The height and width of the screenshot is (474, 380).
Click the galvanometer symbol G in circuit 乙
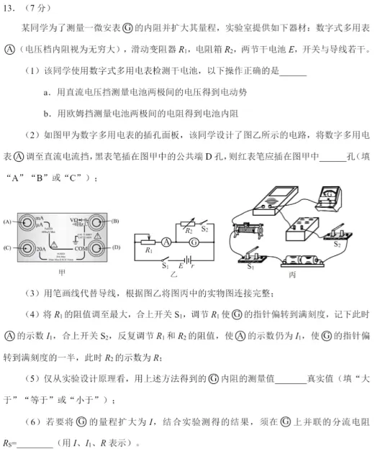[x=192, y=243]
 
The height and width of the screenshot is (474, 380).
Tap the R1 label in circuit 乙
[x=148, y=251]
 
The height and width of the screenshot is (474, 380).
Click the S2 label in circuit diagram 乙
[x=205, y=228]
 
